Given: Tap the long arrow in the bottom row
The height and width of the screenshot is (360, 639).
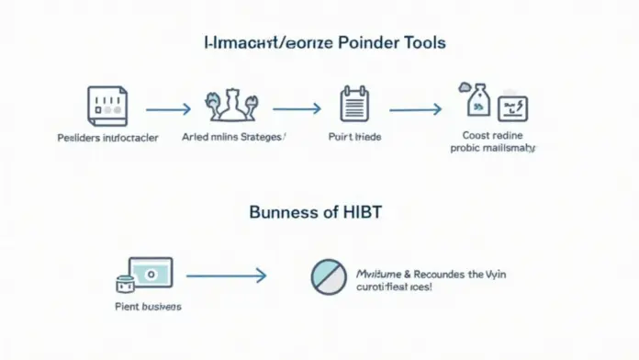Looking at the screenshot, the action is [x=226, y=274].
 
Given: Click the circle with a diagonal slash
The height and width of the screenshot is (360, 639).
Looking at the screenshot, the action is [x=328, y=276].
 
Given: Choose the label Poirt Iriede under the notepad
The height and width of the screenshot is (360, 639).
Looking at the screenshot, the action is [x=353, y=136].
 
